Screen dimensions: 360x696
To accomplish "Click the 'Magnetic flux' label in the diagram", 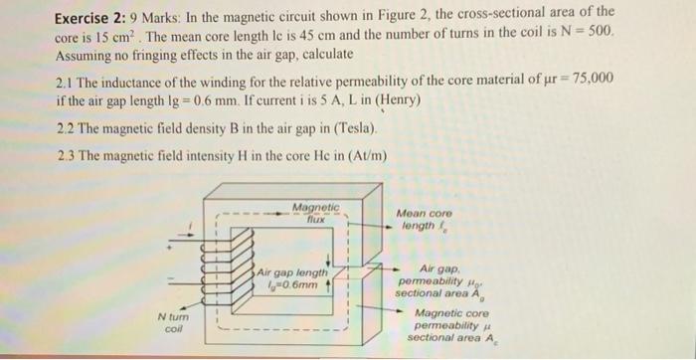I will click(x=315, y=211).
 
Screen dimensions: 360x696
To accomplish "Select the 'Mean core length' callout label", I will click(x=424, y=220).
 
